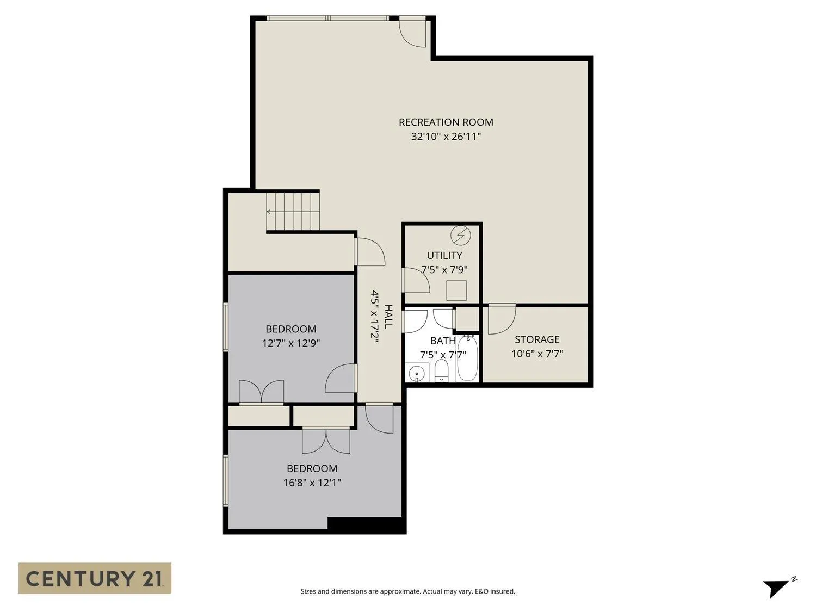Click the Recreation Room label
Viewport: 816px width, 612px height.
(x=446, y=122)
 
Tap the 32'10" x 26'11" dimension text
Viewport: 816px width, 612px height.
(x=446, y=137)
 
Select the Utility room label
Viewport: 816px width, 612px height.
(x=444, y=255)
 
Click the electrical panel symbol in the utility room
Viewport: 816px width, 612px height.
(x=461, y=235)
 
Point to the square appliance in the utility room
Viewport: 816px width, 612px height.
(x=456, y=290)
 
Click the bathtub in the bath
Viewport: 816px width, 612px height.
(x=467, y=358)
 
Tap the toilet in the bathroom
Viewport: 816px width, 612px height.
(x=441, y=370)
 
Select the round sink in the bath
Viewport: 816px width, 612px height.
(x=417, y=373)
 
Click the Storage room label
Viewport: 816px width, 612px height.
(x=537, y=339)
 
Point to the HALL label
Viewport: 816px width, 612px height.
(x=388, y=317)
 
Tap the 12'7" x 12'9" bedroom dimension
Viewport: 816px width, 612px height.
(x=290, y=343)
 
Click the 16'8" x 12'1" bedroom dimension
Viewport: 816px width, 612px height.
(x=312, y=483)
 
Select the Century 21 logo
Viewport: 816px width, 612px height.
(x=95, y=578)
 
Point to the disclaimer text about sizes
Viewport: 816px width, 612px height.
(x=408, y=591)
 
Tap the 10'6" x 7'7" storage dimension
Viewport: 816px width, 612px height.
(x=537, y=354)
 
